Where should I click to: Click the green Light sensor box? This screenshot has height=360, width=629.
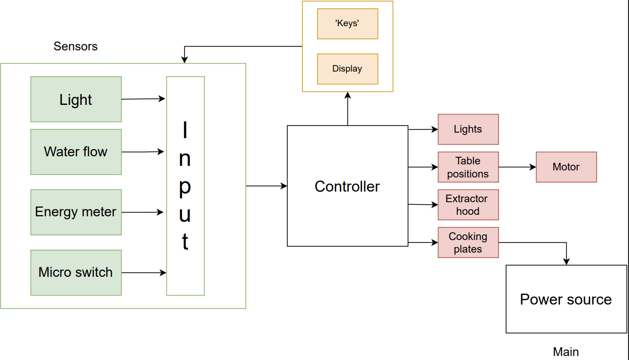76,99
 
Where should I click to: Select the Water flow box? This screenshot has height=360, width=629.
76,152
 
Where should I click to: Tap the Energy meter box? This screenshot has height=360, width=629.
76,212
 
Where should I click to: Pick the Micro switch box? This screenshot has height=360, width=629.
76,273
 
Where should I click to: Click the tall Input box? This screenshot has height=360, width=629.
185,186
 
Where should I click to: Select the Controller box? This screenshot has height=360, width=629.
347,186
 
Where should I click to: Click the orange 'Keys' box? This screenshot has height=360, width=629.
347,24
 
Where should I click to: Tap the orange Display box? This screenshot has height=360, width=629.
347,69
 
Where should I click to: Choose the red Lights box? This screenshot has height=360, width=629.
468,130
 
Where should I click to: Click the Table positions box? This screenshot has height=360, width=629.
468,167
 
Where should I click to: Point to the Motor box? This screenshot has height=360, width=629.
566,167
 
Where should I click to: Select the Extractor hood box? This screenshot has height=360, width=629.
468,205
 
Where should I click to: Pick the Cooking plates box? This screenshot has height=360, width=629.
468,243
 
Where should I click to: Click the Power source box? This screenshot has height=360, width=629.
566,299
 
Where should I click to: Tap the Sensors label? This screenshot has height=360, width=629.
76,46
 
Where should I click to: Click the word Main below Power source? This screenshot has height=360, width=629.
566,352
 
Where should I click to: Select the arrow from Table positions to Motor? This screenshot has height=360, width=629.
517,167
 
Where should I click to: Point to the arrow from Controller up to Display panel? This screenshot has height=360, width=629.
347,109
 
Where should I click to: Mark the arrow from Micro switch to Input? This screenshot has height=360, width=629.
144,273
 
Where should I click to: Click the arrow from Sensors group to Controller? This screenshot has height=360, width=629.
266,186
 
